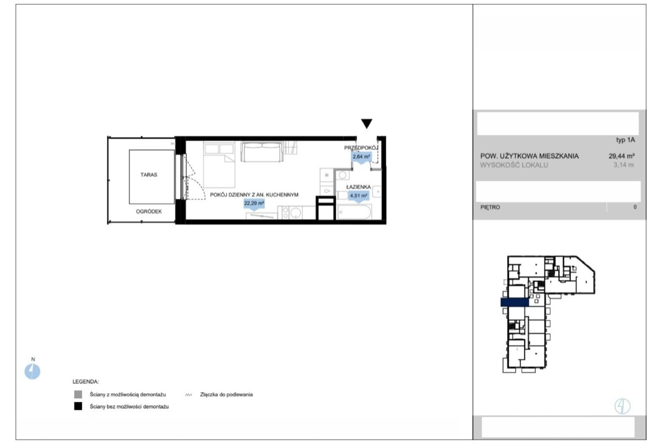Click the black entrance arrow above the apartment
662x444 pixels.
click(367, 123)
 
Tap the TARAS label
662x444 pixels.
click(149, 174)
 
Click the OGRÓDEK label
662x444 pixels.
click(149, 211)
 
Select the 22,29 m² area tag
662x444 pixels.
click(254, 204)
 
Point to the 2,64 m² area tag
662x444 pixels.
click(362, 157)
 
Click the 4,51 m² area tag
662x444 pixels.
click(359, 196)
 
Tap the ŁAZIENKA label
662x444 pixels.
click(359, 187)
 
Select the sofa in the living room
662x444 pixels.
click(261, 152)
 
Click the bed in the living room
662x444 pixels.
click(219, 165)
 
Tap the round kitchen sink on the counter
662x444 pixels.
click(296, 213)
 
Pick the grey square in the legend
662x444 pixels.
click(78, 394)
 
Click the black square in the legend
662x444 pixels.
click(78, 407)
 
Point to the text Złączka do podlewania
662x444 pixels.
click(226, 395)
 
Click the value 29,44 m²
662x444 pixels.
click(621, 156)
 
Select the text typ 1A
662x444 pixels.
click(625, 140)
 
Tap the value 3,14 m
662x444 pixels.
click(624, 165)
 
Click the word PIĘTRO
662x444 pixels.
click(490, 207)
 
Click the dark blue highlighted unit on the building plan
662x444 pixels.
click(515, 302)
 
